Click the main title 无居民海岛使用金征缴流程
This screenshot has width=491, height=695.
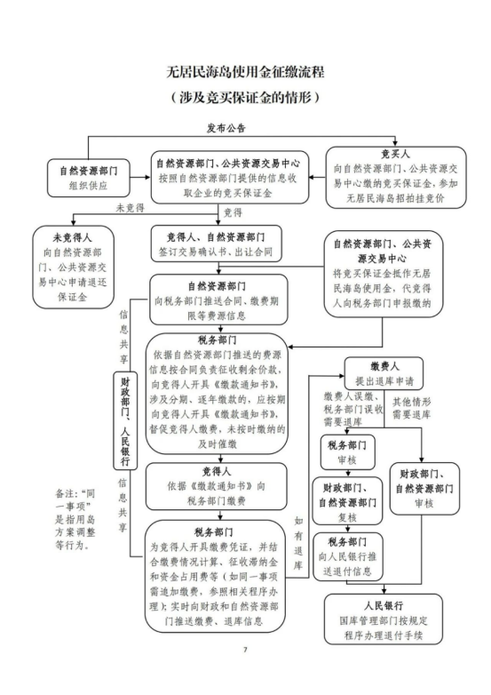(245, 71)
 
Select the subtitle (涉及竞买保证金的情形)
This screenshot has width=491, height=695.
(245, 97)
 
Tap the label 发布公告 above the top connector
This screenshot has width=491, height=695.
(226, 129)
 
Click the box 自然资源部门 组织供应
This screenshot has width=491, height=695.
(89, 178)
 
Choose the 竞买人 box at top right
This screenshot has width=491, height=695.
(396, 177)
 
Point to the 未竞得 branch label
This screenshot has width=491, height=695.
(131, 207)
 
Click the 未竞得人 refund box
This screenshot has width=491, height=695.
(73, 268)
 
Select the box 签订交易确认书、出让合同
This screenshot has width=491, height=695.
(216, 244)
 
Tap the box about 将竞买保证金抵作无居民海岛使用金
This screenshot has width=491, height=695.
(382, 274)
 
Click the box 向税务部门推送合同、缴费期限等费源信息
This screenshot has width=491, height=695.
(218, 300)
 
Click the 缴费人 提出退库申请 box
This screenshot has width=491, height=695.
(384, 373)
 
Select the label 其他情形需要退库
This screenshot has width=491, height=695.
(411, 408)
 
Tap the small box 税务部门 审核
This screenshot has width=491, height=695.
(347, 452)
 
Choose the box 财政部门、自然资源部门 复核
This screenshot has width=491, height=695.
(347, 502)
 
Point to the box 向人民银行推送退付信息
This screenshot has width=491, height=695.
(347, 556)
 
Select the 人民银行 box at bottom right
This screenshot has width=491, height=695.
(384, 619)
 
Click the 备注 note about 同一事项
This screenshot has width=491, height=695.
(75, 519)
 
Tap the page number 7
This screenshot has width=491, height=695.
(245, 650)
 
